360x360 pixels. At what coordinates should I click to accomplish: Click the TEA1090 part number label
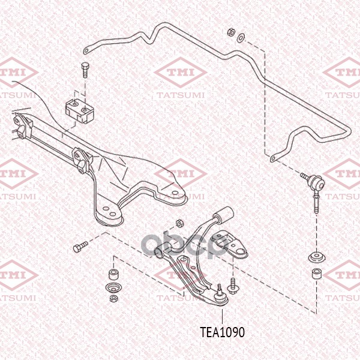point(222,332)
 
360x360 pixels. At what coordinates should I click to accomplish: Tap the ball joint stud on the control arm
point(220,289)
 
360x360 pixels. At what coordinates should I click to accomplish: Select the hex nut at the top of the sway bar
point(231,32)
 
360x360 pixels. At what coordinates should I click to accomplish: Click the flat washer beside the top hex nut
point(241,38)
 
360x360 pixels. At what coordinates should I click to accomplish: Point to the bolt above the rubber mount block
point(85,70)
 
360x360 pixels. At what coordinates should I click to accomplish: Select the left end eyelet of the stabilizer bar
point(86,50)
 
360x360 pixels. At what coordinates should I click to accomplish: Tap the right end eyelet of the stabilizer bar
point(273,158)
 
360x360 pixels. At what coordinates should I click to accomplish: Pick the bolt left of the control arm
point(80,247)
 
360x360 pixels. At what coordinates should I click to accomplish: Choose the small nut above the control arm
point(179,223)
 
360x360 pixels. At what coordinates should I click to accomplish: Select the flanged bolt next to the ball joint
point(232,284)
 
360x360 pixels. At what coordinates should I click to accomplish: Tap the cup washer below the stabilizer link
point(317,257)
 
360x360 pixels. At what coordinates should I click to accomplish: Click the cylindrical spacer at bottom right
point(317,274)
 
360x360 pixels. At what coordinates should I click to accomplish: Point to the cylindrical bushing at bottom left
point(113,274)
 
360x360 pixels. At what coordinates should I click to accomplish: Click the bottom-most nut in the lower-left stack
point(113,298)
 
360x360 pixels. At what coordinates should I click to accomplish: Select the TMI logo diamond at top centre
point(181,73)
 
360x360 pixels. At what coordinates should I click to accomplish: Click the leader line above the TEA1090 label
point(222,317)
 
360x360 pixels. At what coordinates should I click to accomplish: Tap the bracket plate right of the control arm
point(230,245)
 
